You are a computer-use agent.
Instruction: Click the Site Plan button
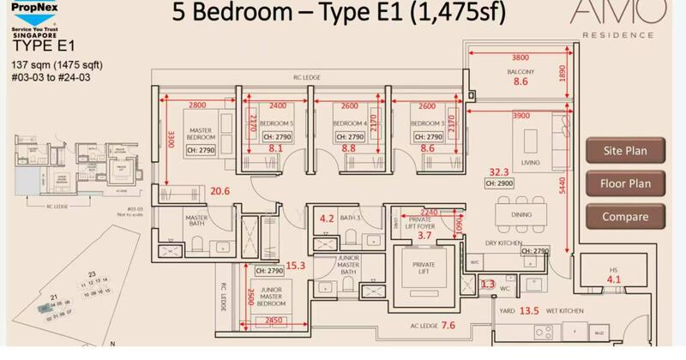[625, 152]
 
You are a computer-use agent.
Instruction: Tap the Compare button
[625, 217]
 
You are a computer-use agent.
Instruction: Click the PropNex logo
[39, 16]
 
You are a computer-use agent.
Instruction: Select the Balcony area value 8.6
[521, 82]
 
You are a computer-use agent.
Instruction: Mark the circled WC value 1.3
[487, 284]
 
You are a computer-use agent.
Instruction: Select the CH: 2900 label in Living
[499, 184]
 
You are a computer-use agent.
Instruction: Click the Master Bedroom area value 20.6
[221, 191]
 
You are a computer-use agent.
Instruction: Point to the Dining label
[521, 215]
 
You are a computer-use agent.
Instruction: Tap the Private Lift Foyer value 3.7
[424, 235]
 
